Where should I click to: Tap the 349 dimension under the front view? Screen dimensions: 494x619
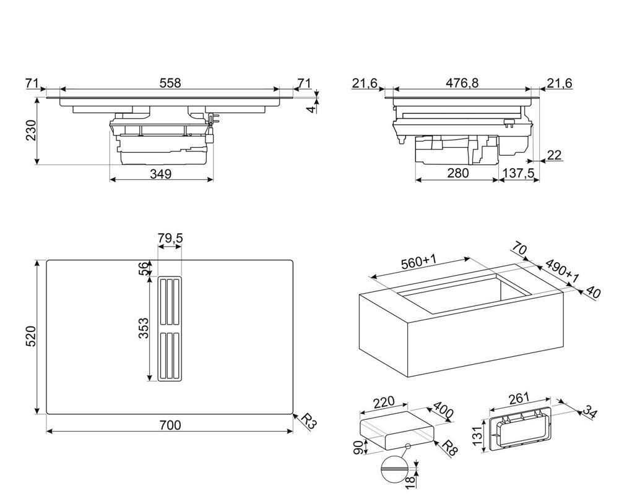(x=160, y=174)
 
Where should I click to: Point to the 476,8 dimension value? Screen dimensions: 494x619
(x=462, y=83)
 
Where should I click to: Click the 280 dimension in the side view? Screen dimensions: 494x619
(x=457, y=174)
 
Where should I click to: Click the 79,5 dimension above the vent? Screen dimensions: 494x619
(x=170, y=238)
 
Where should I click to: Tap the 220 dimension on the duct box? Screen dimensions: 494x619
(x=383, y=402)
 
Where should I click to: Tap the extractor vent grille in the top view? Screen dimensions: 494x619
(x=170, y=330)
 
